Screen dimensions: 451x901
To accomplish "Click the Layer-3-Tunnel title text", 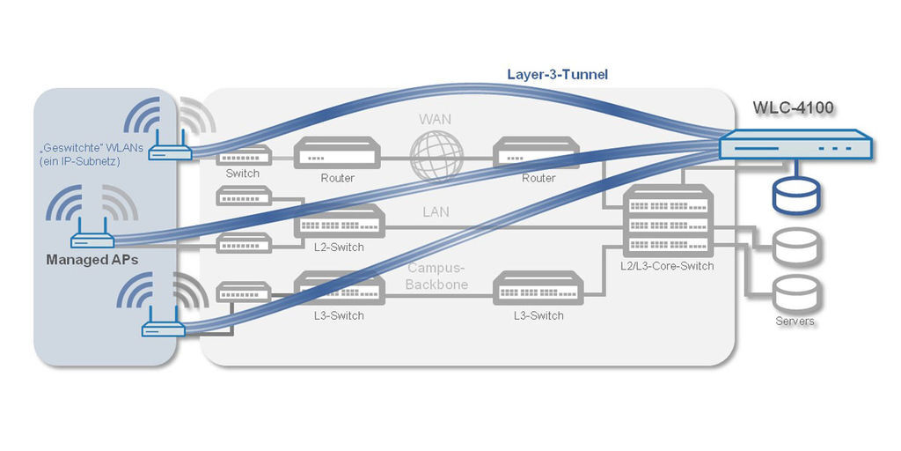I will [x=558, y=75].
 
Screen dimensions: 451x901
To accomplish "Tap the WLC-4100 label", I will [x=793, y=108].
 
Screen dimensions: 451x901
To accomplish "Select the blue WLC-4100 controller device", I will [x=795, y=144].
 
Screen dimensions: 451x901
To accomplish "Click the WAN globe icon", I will [x=437, y=157].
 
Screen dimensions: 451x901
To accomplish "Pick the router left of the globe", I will [x=337, y=153].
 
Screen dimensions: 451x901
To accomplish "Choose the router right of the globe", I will [x=538, y=153].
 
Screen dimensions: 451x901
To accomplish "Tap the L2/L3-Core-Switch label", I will [x=668, y=266].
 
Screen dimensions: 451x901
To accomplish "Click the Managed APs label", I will [x=92, y=260].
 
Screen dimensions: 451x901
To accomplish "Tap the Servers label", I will [x=795, y=322].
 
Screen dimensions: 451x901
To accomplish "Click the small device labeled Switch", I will [x=243, y=157].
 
